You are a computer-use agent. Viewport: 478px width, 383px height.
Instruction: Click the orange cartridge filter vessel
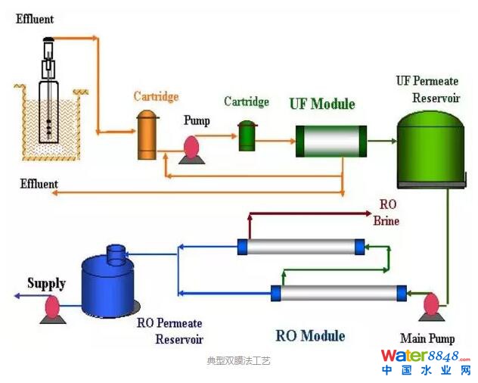[147, 135]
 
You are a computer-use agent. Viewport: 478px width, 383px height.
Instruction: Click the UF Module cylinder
[331, 141]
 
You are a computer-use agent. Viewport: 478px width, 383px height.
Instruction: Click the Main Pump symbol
[430, 307]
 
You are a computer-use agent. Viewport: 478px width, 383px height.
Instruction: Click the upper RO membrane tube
[300, 247]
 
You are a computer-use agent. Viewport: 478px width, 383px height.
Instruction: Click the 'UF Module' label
[321, 104]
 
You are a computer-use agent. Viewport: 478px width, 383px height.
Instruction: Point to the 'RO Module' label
[310, 335]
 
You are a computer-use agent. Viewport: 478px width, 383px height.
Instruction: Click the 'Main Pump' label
[427, 338]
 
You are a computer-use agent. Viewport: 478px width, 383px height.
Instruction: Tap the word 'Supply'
[46, 284]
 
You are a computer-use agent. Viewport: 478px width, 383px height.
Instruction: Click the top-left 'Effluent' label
[35, 18]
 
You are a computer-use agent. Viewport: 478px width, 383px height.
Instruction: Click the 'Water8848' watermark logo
[425, 356]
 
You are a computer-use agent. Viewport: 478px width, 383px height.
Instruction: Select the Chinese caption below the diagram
[238, 361]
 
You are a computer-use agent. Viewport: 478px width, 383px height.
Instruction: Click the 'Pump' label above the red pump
[197, 120]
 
